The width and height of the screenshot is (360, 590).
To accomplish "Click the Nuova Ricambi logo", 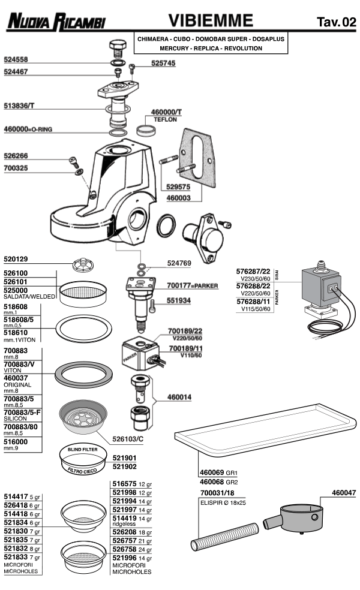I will coord(55,23).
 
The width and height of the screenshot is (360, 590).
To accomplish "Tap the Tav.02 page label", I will coord(335,23).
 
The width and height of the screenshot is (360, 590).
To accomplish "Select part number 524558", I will coord(17,60).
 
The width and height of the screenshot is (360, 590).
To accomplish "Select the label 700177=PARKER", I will coord(193,286).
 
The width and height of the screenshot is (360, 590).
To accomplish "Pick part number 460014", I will coord(179,397).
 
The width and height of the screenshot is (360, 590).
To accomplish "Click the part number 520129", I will coord(17,260).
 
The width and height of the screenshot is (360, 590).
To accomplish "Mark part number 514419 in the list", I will coord(125,517).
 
